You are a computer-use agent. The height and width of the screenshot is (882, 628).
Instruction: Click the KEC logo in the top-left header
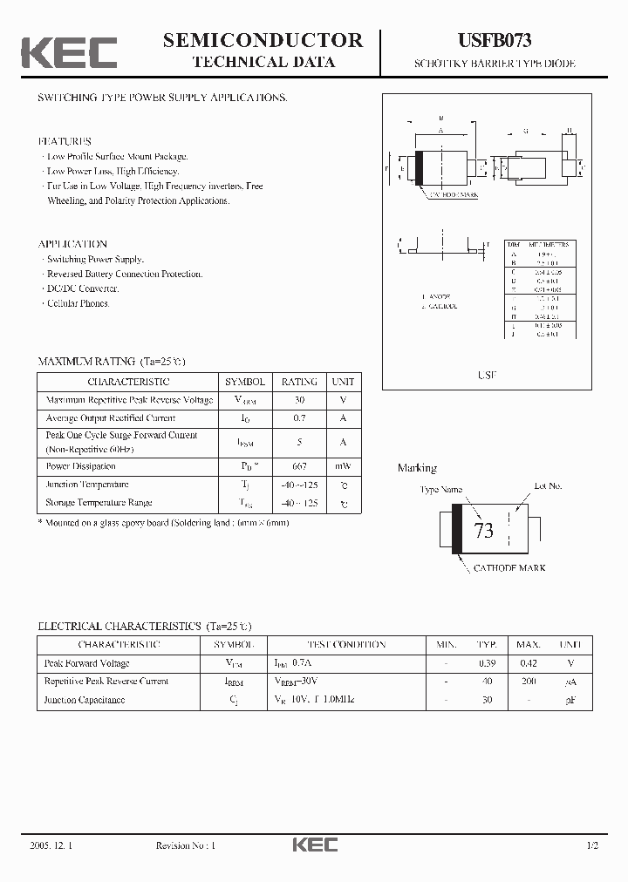coord(69,52)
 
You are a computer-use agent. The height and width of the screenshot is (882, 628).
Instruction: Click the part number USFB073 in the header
coord(495,40)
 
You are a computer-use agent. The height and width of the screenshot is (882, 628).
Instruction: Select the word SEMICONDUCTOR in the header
coord(263,40)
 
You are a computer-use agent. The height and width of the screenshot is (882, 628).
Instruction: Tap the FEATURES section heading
coord(65,141)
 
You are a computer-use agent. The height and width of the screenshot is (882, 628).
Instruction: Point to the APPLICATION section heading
coord(72,244)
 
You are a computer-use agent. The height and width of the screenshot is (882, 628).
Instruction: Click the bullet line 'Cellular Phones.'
coord(78,303)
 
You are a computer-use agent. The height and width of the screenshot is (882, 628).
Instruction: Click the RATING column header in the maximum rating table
coord(299,382)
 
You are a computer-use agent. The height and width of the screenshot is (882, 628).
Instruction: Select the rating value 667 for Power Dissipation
coord(299,466)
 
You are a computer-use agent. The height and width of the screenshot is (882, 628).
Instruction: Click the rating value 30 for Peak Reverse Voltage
coord(299,400)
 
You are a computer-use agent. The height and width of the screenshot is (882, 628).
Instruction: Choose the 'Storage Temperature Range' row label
coord(99,503)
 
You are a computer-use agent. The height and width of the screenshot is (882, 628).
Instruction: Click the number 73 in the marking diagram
coord(483,531)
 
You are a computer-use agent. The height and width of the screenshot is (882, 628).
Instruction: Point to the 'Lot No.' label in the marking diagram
coord(548,485)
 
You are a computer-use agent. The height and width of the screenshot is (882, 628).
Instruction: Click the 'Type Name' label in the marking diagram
coord(440,490)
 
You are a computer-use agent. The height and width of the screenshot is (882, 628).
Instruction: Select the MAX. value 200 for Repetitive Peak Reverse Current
coord(529,682)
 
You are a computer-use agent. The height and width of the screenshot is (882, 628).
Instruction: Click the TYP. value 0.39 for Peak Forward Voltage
coord(487,663)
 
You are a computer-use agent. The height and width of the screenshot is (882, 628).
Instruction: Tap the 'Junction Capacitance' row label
coord(85,700)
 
